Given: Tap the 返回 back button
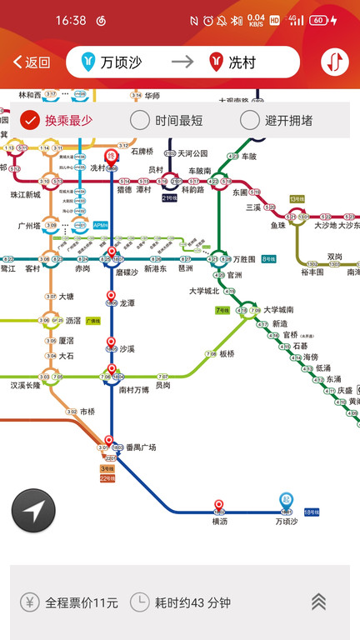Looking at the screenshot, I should click(x=32, y=62).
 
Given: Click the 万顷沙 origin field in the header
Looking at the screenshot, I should click(x=117, y=62).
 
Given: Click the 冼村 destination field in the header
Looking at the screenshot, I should click(x=242, y=62).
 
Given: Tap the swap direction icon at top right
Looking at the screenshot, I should click(x=335, y=62).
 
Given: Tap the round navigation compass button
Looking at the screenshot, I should click(x=33, y=511).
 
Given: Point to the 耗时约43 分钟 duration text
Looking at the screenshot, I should click(x=192, y=602).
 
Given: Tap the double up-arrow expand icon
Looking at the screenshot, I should click(x=318, y=602).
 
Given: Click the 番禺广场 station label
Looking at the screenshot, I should click(x=141, y=447).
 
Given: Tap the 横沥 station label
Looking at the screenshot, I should click(x=219, y=521).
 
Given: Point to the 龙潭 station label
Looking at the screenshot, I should click(x=127, y=303).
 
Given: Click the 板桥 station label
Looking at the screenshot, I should click(x=227, y=353).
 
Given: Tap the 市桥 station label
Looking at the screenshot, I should click(x=87, y=412).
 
